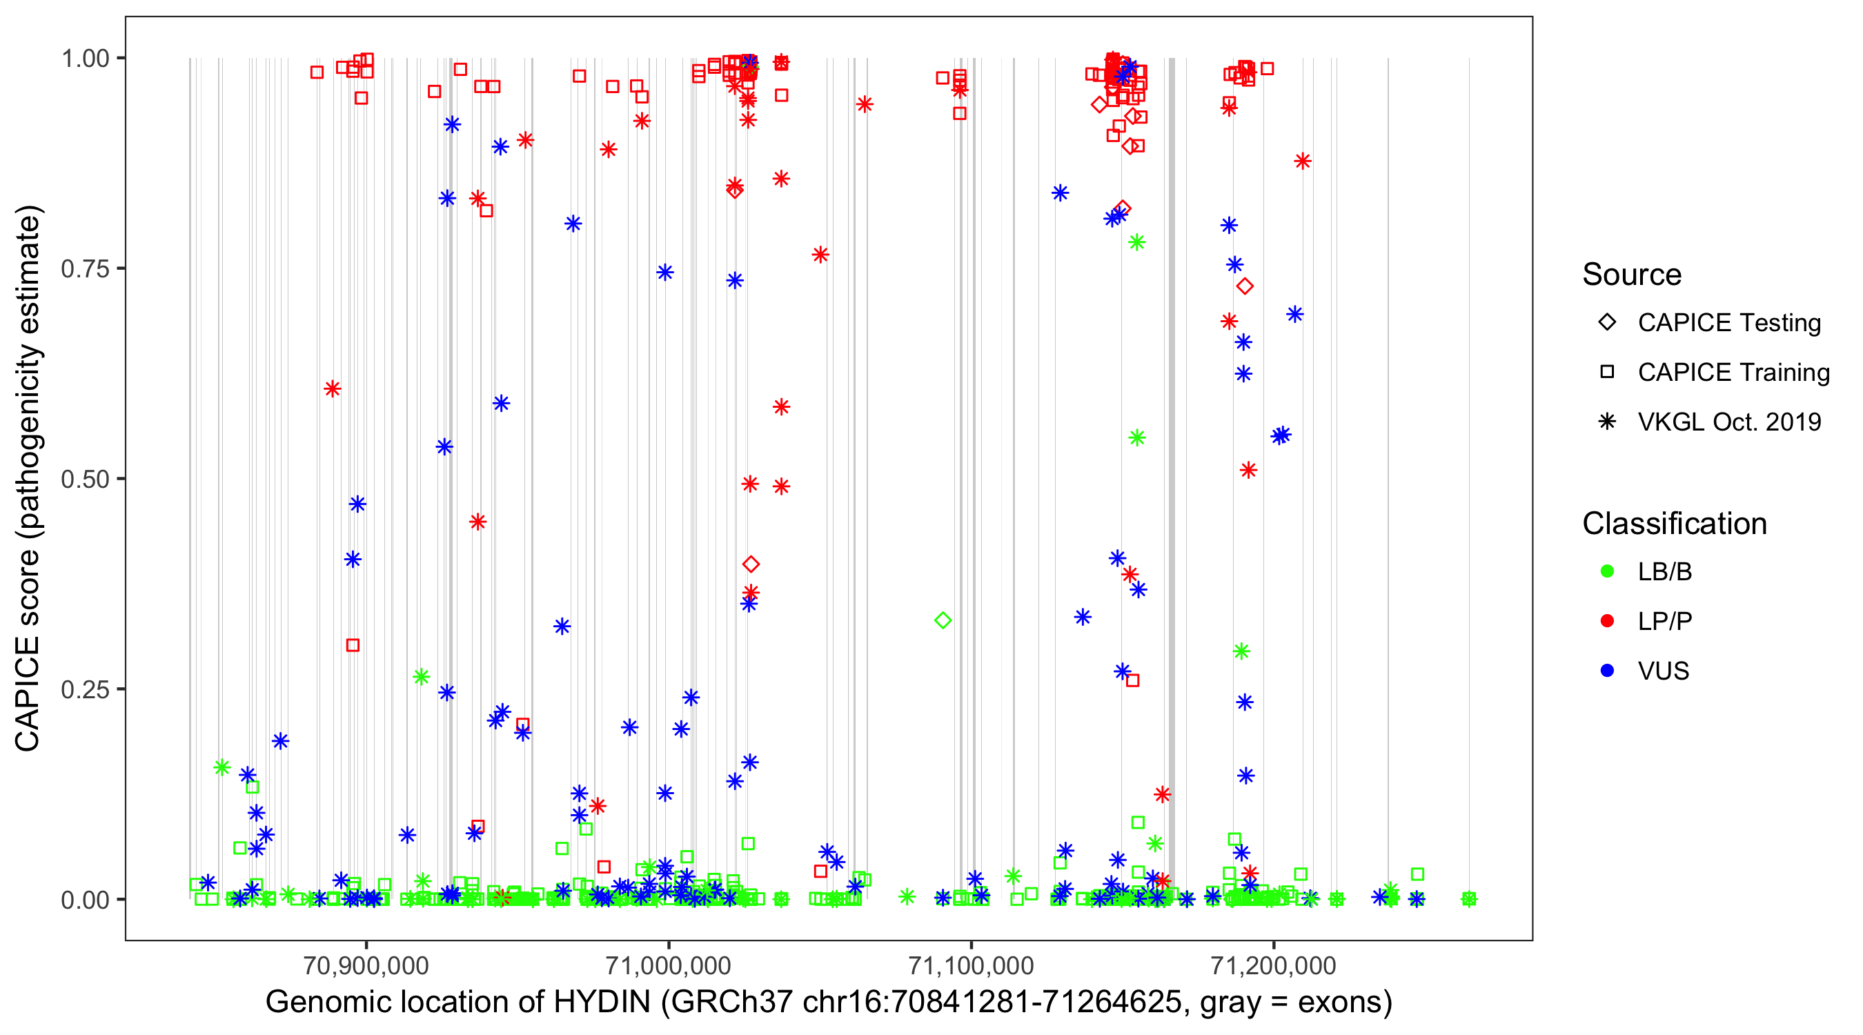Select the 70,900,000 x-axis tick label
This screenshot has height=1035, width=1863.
[366, 965]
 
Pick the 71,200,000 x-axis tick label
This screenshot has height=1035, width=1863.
[1273, 965]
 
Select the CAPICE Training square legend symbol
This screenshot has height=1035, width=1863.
[1607, 372]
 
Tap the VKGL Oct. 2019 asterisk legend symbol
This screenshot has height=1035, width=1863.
[1607, 422]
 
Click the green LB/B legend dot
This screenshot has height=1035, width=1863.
[1607, 571]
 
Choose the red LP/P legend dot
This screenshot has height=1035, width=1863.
[1607, 621]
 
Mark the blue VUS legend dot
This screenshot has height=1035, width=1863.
[1607, 671]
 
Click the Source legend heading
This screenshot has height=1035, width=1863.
[1632, 275]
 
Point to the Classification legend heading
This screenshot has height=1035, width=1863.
[1674, 524]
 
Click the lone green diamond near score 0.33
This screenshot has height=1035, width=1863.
[943, 620]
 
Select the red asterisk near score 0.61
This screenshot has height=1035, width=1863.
[332, 389]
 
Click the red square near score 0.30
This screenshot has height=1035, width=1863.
[352, 645]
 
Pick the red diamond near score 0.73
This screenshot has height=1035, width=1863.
[1245, 286]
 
